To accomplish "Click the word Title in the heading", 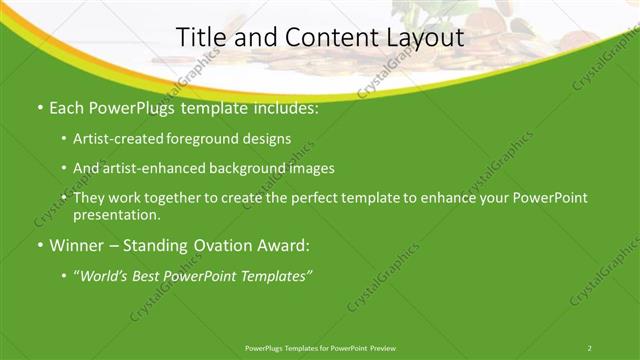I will pyautogui.click(x=200, y=38).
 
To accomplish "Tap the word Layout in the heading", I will pyautogui.click(x=428, y=38).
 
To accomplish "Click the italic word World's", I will pyautogui.click(x=105, y=276).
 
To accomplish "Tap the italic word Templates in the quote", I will pyautogui.click(x=275, y=276).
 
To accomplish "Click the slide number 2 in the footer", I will pyautogui.click(x=590, y=348).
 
